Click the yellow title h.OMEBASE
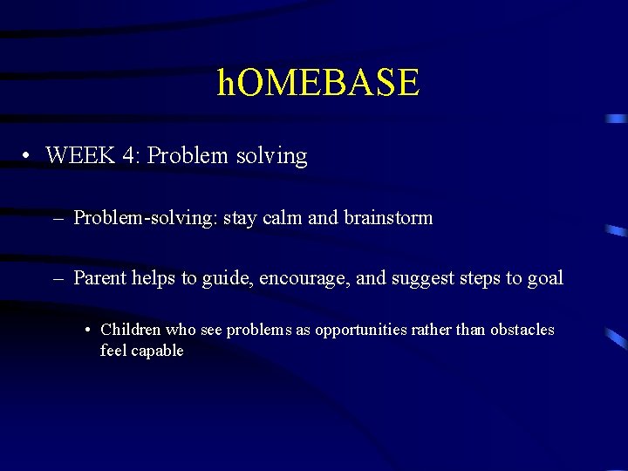point(318,83)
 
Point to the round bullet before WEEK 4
point(29,157)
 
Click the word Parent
point(99,279)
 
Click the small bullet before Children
point(90,331)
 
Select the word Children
point(131,331)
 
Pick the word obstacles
point(522,331)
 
